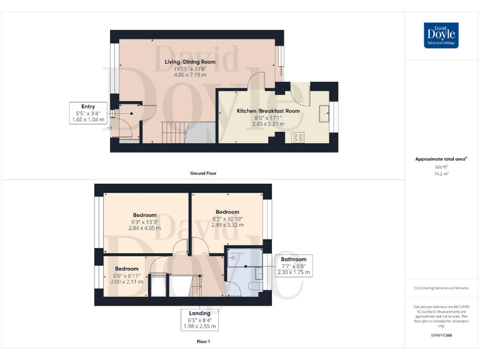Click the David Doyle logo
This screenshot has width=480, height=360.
tap(441, 35)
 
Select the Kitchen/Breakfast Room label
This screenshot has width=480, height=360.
tap(268, 111)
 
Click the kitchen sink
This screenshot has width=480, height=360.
tap(324, 113)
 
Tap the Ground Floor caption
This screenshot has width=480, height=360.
tap(203, 173)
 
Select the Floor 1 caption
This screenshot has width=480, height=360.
tap(203, 342)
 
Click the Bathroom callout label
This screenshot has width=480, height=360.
tap(293, 259)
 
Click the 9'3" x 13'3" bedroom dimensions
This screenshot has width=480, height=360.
tap(144, 222)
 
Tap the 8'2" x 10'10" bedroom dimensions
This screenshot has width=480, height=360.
tap(227, 219)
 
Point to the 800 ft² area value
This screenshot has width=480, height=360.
tap(441, 167)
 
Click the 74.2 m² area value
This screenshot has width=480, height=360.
tap(441, 174)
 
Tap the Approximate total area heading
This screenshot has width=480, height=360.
tap(441, 159)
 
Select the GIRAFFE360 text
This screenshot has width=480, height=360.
tap(441, 336)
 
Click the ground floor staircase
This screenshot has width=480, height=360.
tap(176, 132)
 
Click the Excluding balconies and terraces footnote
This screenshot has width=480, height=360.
tap(441, 287)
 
